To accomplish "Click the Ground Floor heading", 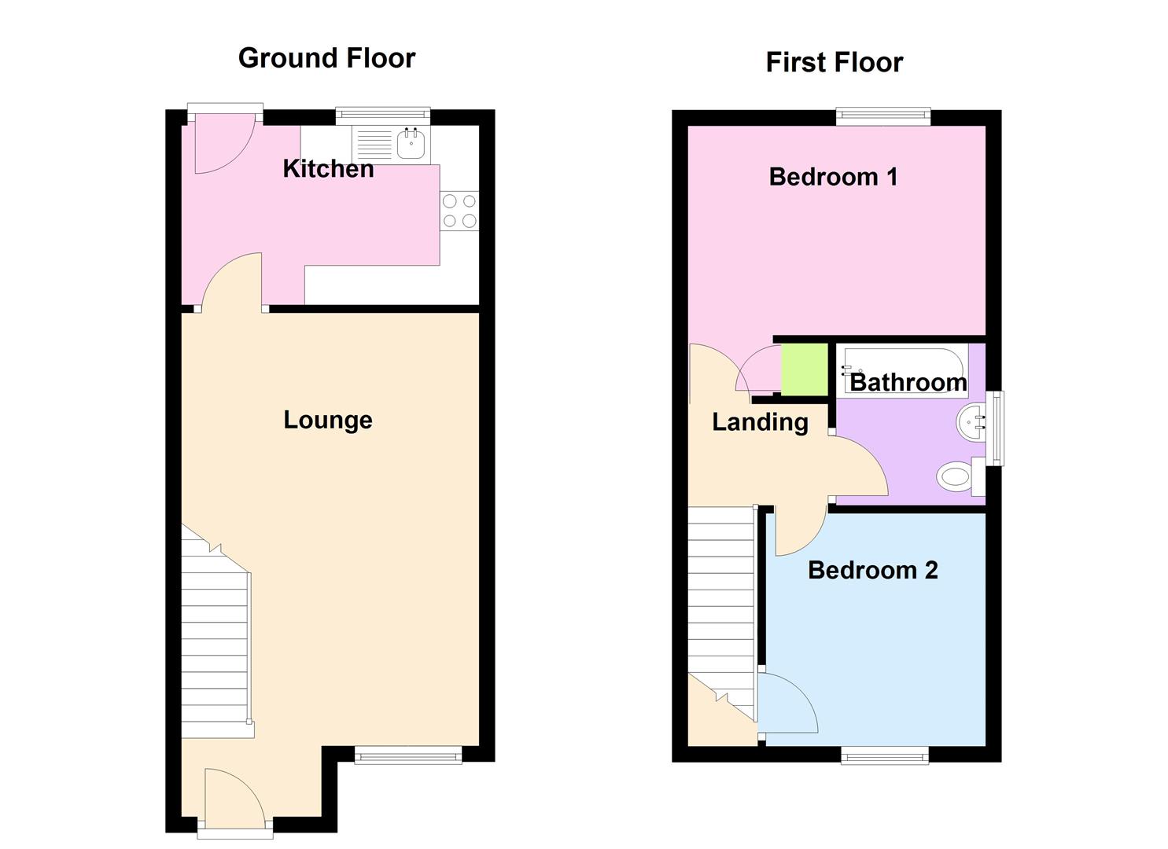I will [x=326, y=58].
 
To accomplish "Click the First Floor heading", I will [x=834, y=62].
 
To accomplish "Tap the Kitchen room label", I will [x=328, y=168].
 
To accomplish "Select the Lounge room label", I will [x=328, y=420].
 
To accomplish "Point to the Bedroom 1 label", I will [x=833, y=176].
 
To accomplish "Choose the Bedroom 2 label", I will [x=872, y=570].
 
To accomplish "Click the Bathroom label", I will [x=908, y=382].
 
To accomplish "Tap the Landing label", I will [x=760, y=422].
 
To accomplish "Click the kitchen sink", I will [x=411, y=144].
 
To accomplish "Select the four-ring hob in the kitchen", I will [x=459, y=211].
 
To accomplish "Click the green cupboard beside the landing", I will [x=804, y=369].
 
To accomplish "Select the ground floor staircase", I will [x=216, y=645].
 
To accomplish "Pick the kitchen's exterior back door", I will [x=224, y=141].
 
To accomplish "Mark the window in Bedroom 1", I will [x=882, y=116].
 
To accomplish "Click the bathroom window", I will [x=997, y=428].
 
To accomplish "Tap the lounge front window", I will [x=407, y=756].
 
